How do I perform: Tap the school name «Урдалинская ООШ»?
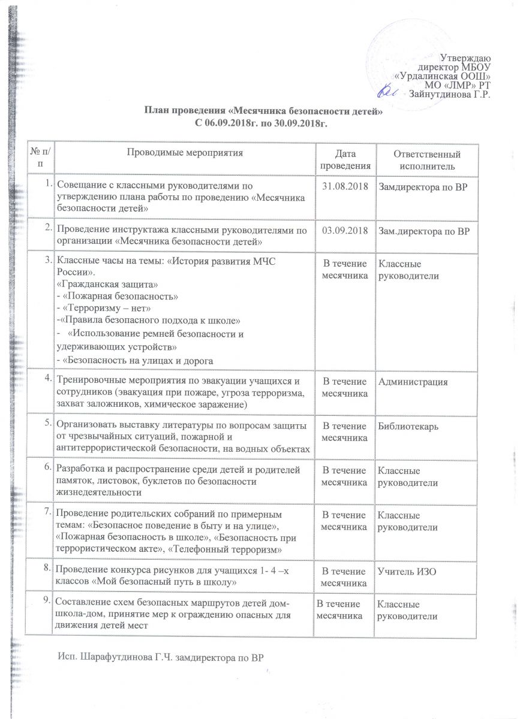444,77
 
